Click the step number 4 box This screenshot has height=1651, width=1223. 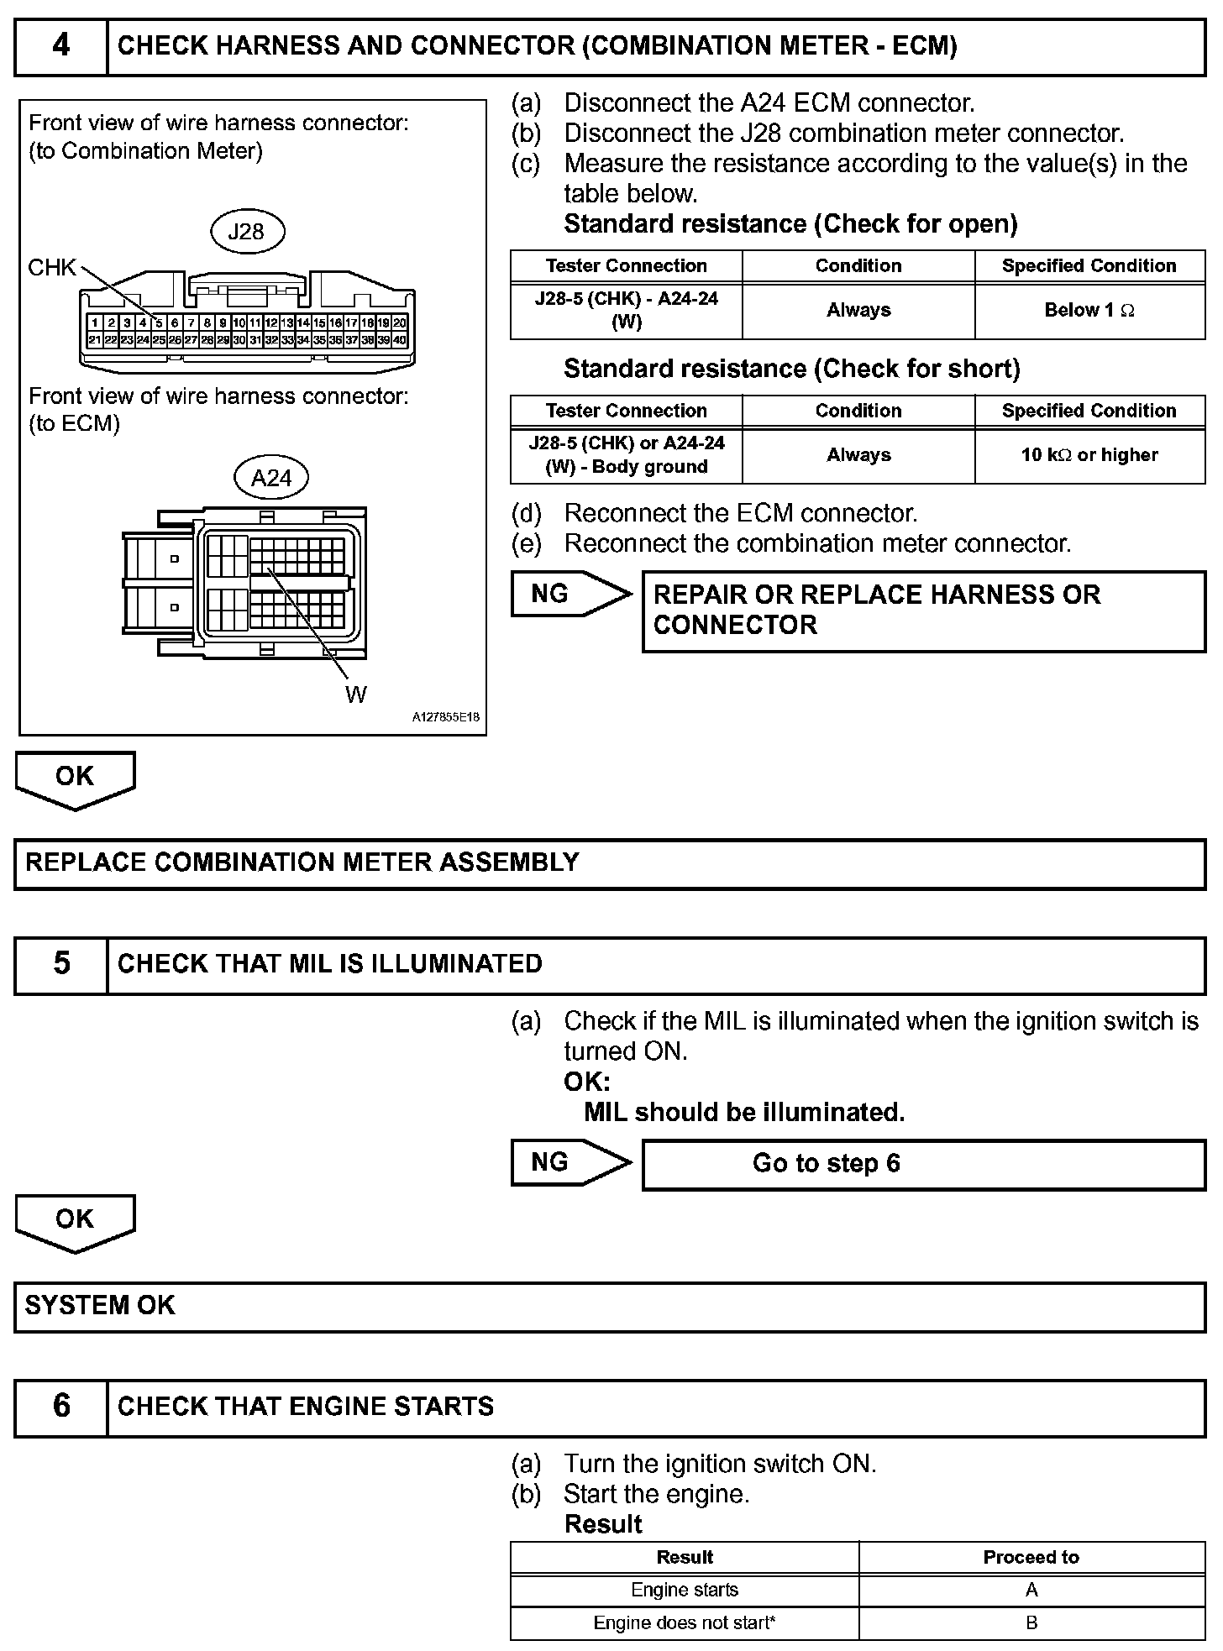pos(61,47)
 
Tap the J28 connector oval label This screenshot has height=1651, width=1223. pos(246,231)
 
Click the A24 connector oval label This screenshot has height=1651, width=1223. pos(271,478)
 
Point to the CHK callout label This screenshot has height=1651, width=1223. pos(51,267)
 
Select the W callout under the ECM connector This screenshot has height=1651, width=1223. pos(355,694)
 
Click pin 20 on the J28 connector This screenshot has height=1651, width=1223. pos(401,322)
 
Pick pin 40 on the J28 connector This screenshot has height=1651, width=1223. pos(401,340)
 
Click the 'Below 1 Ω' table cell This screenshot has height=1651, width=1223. pos(1089,311)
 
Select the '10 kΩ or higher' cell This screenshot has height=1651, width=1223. pos(1089,455)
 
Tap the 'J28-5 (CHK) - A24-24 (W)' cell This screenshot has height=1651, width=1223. pos(626,311)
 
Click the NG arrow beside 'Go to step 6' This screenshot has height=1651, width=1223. pos(570,1162)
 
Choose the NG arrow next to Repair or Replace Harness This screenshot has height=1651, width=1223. pos(570,594)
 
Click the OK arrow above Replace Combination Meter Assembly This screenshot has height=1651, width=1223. pos(75,778)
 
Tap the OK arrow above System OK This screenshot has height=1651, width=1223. pos(75,1221)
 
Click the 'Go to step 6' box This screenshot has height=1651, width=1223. pos(923,1164)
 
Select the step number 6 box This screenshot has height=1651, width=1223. pos(61,1406)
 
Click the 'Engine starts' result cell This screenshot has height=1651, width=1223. pos(685,1590)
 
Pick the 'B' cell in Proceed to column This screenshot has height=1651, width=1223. pos(1031,1622)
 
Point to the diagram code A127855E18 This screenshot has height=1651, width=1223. pos(445,718)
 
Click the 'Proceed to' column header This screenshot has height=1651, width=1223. pos(1031,1557)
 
